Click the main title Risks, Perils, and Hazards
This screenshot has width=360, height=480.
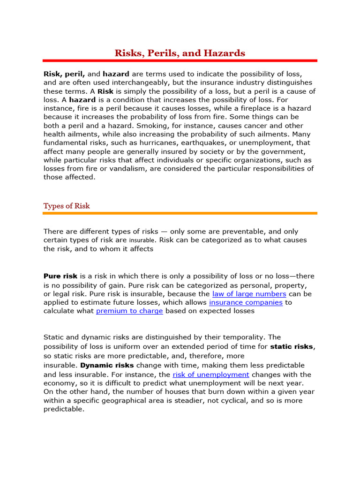point(180,53)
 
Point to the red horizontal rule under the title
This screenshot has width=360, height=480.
point(180,60)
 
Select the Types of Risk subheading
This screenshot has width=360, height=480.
point(67,206)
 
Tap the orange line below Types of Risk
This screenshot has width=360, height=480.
point(180,213)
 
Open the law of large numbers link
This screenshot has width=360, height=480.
point(249,294)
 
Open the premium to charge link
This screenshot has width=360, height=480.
point(129,311)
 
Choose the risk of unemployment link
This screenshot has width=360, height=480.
point(211,375)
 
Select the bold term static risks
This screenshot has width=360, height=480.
point(292,347)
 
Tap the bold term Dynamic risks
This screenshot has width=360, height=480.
point(107,365)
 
